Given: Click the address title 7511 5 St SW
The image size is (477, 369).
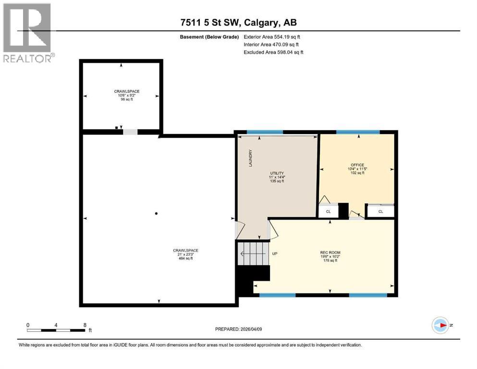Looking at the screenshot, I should click(x=238, y=23).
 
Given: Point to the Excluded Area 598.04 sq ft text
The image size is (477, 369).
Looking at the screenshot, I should click(x=273, y=52).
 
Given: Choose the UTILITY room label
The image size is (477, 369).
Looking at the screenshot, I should click(x=277, y=173).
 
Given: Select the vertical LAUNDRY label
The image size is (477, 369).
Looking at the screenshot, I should click(x=250, y=158).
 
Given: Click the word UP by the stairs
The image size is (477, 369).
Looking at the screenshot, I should click(x=275, y=254).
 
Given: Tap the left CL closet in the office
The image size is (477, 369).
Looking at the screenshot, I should click(x=328, y=211).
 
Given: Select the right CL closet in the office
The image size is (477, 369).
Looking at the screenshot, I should click(x=380, y=211).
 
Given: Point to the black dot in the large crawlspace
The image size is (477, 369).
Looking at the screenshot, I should click(x=156, y=213).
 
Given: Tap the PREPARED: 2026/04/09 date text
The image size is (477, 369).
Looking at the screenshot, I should click(x=238, y=329).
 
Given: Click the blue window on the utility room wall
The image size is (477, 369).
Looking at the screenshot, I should click(x=264, y=132).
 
